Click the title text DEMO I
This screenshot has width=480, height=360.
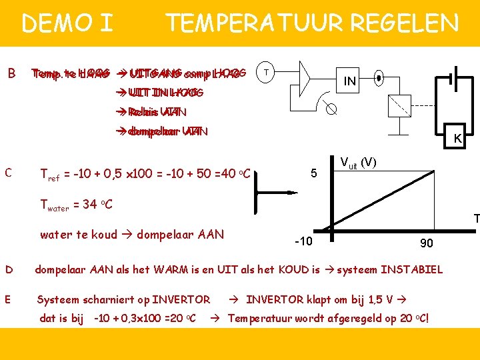pyautogui.click(x=67, y=24)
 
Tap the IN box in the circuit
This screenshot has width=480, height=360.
pyautogui.click(x=349, y=81)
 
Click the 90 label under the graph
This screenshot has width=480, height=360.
pyautogui.click(x=426, y=243)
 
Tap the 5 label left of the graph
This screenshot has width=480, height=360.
pyautogui.click(x=313, y=173)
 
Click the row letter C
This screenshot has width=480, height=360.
pyautogui.click(x=9, y=173)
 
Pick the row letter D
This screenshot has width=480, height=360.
pyautogui.click(x=9, y=269)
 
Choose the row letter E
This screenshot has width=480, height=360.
pyautogui.click(x=9, y=299)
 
